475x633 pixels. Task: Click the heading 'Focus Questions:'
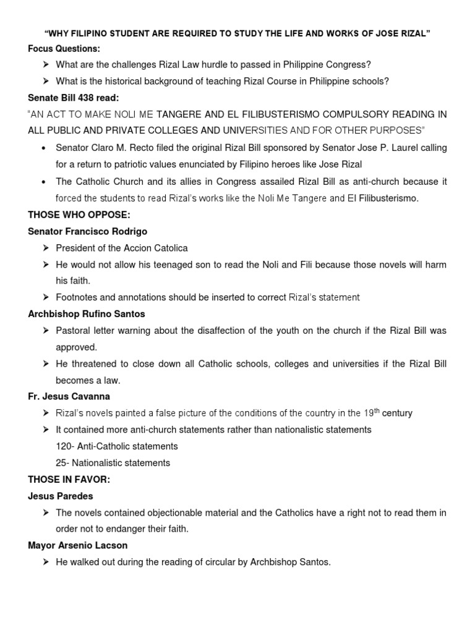64,48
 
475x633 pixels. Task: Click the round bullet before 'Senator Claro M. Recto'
43,148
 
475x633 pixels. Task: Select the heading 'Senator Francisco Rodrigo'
88,231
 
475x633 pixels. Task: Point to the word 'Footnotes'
77,297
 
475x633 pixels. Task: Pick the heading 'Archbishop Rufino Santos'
86,314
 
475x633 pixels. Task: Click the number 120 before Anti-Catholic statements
64,446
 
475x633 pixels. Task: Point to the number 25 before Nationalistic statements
61,462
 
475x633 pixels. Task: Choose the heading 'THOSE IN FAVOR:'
66,479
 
